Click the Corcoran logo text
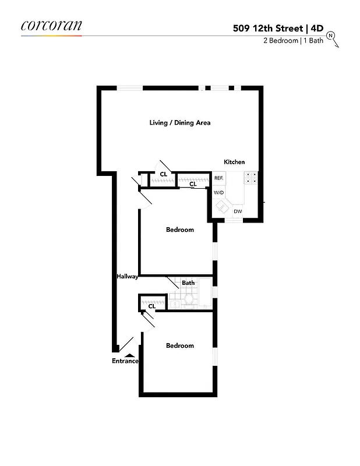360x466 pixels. [51, 26]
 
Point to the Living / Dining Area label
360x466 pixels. [179, 123]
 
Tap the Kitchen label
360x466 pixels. [234, 162]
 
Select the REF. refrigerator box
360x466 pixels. [219, 178]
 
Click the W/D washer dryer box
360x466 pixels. [219, 192]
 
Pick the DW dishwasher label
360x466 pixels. [238, 211]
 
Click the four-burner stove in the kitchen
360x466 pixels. [251, 178]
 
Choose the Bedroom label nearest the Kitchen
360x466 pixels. [179, 230]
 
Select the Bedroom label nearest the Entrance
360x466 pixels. [179, 345]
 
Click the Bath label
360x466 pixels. [188, 283]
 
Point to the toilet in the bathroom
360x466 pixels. [188, 299]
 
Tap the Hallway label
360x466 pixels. [126, 277]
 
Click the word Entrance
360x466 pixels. [125, 361]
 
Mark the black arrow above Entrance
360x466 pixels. [129, 353]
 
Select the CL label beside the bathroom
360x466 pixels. [151, 306]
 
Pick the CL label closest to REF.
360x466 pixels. [193, 184]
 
